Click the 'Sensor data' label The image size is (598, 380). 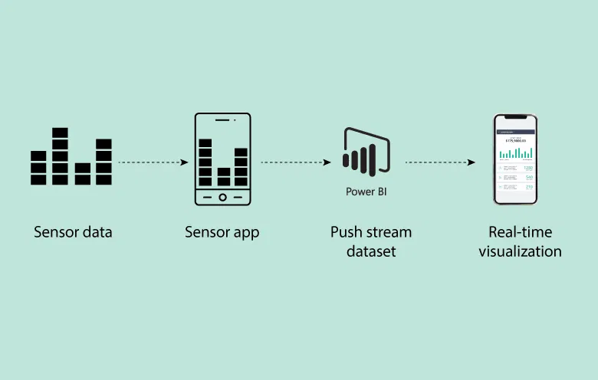[73, 232]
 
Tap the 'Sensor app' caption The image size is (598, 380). [222, 232]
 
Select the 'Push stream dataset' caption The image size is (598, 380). [370, 241]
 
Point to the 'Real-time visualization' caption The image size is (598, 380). [520, 241]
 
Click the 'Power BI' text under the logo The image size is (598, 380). [366, 192]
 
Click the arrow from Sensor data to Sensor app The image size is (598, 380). [153, 162]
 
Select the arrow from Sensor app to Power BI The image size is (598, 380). [295, 162]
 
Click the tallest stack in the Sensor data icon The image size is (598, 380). [60, 156]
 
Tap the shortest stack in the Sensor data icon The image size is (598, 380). [82, 174]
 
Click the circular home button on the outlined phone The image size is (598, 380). [222, 197]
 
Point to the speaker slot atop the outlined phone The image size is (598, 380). [222, 120]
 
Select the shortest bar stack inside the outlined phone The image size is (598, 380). [223, 177]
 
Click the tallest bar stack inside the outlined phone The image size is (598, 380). [205, 162]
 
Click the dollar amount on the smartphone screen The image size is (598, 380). [515, 141]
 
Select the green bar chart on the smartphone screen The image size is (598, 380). [515, 153]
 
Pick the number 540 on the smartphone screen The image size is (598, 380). [528, 178]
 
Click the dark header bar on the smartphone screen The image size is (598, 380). [515, 131]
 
